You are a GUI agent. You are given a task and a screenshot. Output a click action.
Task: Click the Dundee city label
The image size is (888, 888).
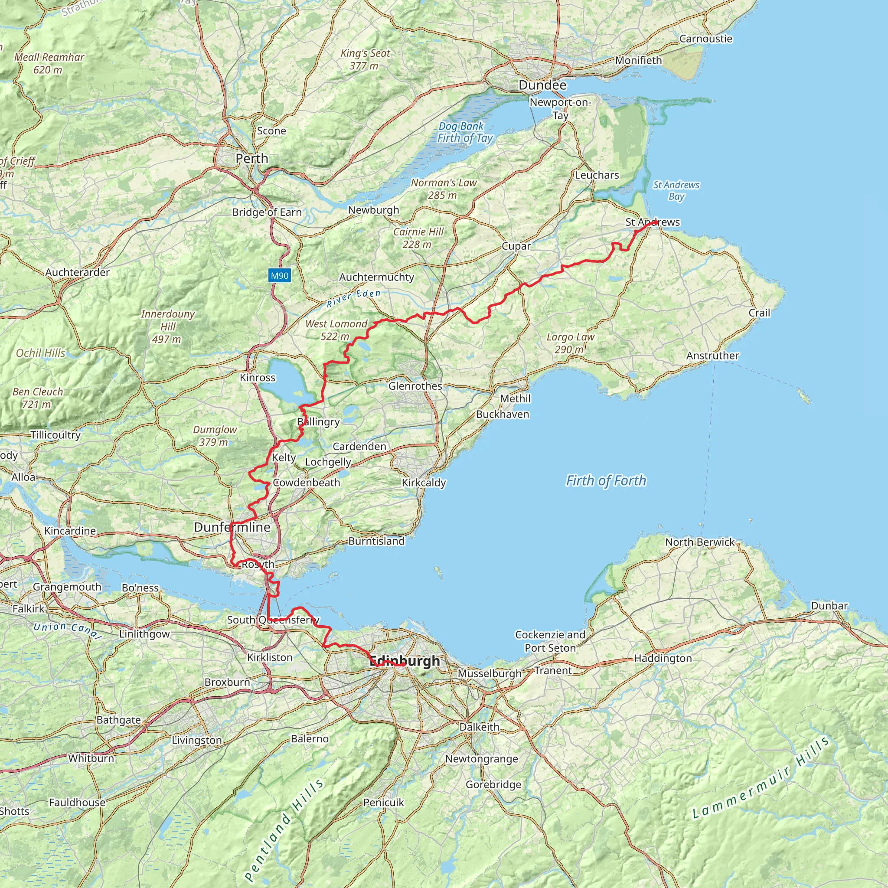(x=542, y=85)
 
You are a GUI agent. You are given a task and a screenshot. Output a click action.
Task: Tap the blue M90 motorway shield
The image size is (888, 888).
(x=280, y=276)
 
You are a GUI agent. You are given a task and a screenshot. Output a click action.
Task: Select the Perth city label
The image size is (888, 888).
(x=251, y=159)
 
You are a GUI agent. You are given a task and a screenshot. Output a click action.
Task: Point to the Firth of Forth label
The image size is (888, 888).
(x=606, y=481)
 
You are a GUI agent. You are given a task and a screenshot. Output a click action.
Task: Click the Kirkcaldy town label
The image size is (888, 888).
(x=424, y=483)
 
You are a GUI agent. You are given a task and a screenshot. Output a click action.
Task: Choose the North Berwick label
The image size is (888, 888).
(x=700, y=542)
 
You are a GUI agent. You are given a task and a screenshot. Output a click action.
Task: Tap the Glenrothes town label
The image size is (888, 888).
(x=415, y=386)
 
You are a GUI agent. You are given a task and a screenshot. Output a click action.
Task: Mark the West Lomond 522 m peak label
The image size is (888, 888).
(x=336, y=330)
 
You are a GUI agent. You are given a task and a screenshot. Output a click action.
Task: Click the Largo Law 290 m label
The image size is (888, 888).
(x=571, y=343)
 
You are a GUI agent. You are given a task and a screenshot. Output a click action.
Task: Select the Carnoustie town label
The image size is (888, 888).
(x=705, y=39)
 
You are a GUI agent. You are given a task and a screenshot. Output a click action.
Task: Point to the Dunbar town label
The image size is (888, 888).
(x=829, y=606)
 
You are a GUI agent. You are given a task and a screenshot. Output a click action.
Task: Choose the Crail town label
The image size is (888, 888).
(x=759, y=313)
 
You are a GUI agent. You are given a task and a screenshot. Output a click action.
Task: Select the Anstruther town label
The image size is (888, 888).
(x=712, y=356)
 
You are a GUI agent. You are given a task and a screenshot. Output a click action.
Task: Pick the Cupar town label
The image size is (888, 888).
(x=516, y=246)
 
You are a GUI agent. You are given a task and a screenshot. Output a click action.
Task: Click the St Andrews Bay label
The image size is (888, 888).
(x=676, y=191)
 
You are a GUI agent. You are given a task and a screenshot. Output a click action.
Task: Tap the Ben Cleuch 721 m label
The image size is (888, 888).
(x=38, y=398)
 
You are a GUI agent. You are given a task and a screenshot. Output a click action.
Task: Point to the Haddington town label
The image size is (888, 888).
(x=663, y=659)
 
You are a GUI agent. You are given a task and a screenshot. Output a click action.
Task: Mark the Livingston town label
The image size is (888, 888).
(x=197, y=741)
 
